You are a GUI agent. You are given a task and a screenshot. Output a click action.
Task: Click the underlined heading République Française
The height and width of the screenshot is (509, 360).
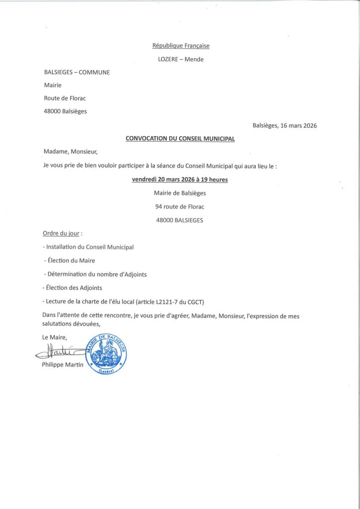point(180,46)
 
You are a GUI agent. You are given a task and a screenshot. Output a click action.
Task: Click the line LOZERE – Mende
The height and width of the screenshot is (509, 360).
point(180,60)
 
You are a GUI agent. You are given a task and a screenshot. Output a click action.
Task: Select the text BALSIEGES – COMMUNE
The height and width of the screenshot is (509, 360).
point(77,72)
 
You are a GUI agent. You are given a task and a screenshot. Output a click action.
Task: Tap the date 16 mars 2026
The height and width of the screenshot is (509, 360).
point(298,126)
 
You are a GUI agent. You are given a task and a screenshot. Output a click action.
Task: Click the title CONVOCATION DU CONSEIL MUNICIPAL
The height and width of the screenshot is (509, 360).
point(180,139)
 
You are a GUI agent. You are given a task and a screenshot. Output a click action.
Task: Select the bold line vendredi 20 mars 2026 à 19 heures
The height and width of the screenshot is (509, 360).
point(180,180)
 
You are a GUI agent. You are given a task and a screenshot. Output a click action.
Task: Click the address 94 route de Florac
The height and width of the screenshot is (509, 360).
point(180,206)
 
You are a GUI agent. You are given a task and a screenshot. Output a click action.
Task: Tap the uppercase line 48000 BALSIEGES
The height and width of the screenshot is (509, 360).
point(180,220)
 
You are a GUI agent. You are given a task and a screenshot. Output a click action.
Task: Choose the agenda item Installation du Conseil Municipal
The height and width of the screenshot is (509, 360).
point(90,247)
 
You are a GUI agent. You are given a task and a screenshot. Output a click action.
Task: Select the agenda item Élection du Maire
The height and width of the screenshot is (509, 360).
point(71,260)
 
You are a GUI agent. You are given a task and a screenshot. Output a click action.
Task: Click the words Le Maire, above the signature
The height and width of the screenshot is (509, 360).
point(55,338)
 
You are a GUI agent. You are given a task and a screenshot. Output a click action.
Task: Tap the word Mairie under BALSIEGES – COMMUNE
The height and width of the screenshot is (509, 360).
point(53,85)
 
